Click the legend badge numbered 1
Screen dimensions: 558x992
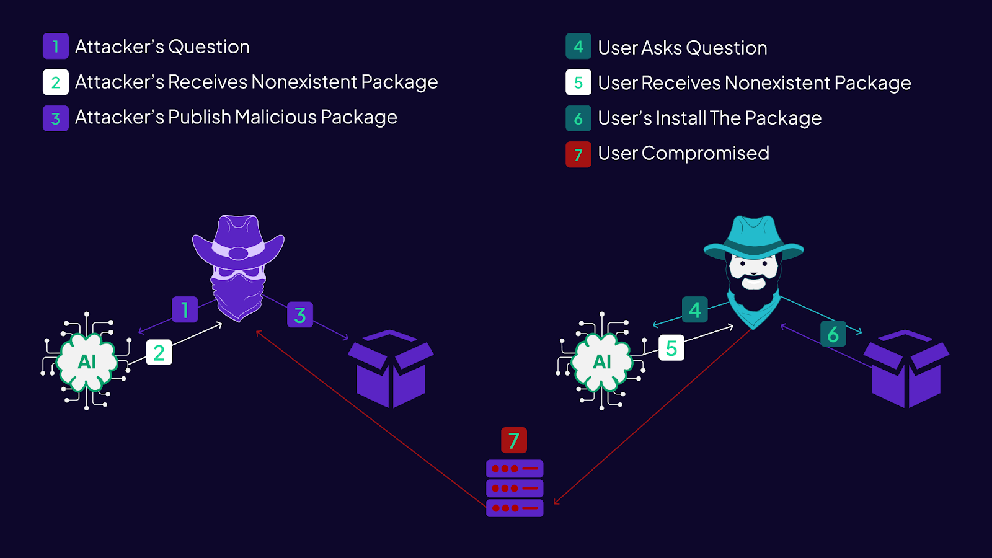pos(56,46)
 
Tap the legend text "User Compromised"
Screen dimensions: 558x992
pos(683,153)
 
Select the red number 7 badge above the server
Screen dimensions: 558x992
pos(513,440)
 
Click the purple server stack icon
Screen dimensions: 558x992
pos(515,488)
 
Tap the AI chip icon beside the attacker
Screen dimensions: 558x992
pos(87,361)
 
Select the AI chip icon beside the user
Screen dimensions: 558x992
pos(602,361)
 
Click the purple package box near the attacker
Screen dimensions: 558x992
pos(391,369)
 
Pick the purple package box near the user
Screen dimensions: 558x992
pos(906,369)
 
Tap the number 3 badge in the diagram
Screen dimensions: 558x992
pos(300,315)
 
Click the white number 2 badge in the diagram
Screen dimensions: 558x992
pos(159,353)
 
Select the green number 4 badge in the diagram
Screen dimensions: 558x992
pos(694,309)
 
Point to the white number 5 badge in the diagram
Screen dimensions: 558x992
pos(671,348)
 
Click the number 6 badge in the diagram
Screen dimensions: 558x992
pos(833,334)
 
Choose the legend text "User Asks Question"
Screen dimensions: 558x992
pos(682,48)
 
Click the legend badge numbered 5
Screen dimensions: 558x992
pos(578,82)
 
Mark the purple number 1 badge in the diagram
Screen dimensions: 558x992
pos(185,309)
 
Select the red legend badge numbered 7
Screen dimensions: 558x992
pos(578,154)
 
